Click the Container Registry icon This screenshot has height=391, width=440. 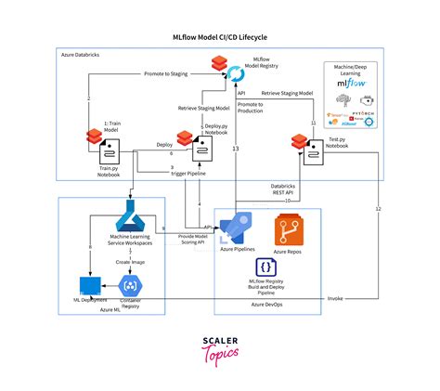[130, 287]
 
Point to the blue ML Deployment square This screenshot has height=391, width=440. [90, 285]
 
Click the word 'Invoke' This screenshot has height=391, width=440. [335, 300]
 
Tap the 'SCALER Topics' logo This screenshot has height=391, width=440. [220, 348]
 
